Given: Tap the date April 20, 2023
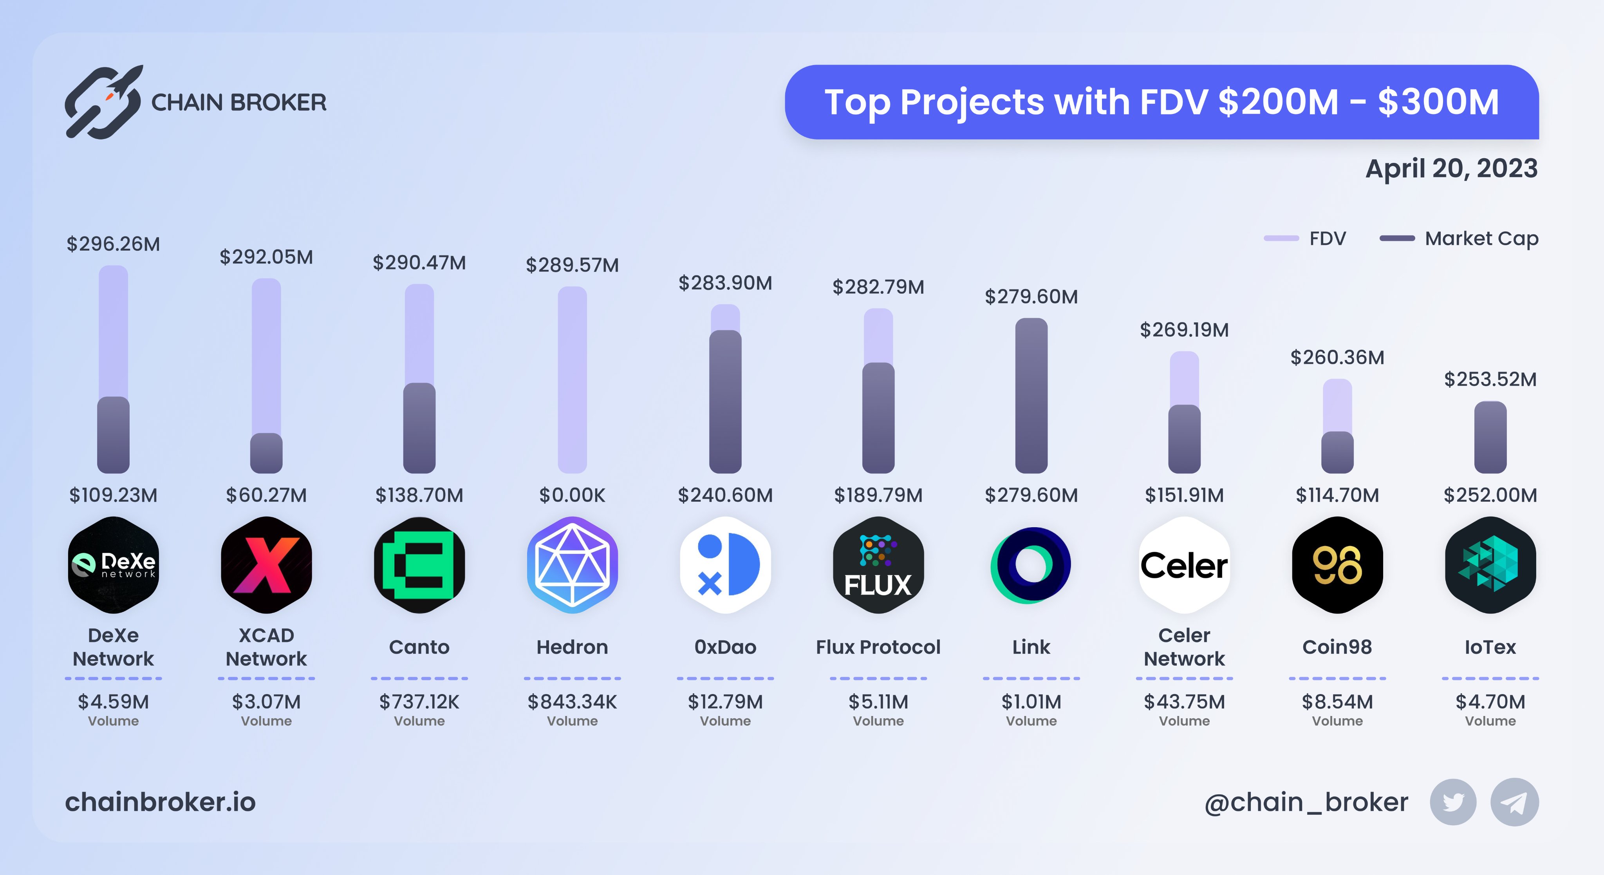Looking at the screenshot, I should (x=1451, y=169).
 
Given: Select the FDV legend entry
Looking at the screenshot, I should (x=1305, y=239).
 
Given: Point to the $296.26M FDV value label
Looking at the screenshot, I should (x=113, y=244).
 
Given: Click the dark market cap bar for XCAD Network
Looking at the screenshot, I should (x=267, y=454).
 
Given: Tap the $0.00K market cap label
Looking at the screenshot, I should (x=572, y=495).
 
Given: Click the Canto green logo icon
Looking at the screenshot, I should (x=419, y=565).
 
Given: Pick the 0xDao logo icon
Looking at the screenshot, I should (x=725, y=565).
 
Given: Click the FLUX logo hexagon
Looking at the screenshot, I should (x=878, y=565).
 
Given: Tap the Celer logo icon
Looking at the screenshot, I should (x=1184, y=565).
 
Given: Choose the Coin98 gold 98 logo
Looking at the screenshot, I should (x=1337, y=565).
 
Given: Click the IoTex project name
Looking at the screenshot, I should (x=1490, y=647).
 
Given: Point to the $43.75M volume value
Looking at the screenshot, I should (x=1184, y=702).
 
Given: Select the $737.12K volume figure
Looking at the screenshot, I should (x=419, y=702).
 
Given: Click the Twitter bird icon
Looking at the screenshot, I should (x=1453, y=802).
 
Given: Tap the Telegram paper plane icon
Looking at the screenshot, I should (x=1514, y=802).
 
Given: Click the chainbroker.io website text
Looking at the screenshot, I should (x=161, y=802).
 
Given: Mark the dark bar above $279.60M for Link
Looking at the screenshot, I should (x=1031, y=396).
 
